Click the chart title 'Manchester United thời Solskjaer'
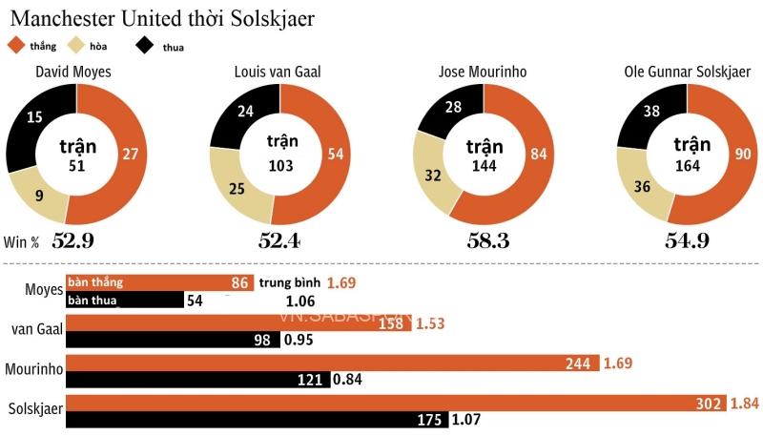[163, 18]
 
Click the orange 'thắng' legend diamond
[15, 44]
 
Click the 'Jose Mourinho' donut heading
[483, 72]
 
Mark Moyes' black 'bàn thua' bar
[124, 300]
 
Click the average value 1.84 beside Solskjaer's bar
[744, 404]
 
